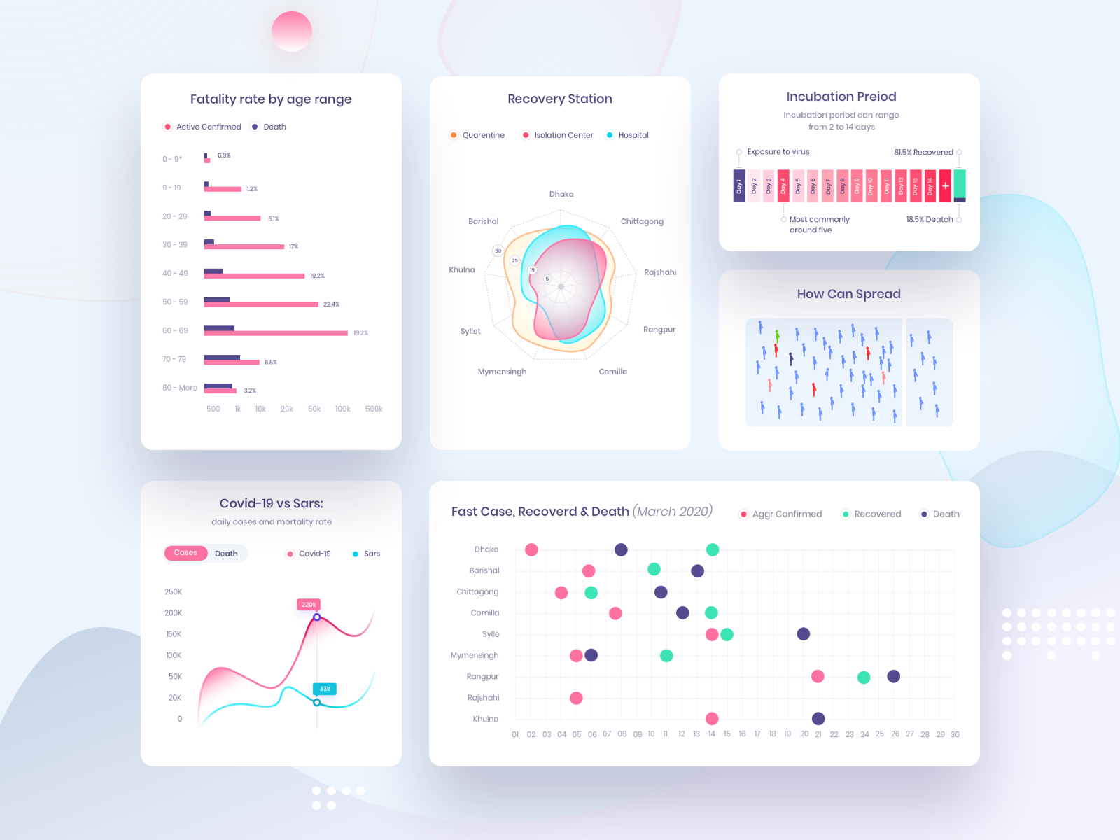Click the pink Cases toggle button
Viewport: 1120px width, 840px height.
pos(185,553)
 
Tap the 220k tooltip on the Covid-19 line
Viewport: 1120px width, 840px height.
pos(309,605)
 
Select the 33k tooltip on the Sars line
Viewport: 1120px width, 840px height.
pos(325,689)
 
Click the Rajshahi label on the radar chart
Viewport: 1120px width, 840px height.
pos(660,272)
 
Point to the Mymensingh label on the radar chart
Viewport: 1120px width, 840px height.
pos(502,372)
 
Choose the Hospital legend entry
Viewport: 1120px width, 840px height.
pos(633,135)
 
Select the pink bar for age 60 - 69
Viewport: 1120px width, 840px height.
pos(276,333)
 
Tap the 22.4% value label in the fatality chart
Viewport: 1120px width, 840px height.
pos(331,304)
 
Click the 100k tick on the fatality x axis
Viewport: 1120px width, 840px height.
pos(342,409)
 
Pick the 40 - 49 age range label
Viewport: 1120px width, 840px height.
pos(175,274)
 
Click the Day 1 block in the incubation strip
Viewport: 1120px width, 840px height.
pos(739,185)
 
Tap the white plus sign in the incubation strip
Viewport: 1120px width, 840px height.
pos(945,185)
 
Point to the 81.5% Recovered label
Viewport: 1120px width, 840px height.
pos(923,152)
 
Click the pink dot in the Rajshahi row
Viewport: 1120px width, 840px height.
pos(576,698)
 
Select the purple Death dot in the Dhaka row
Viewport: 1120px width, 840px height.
pos(621,549)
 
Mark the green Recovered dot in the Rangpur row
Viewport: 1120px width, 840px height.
pos(864,678)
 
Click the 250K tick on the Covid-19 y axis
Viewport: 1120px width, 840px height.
pos(173,592)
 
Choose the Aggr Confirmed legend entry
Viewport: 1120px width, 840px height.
pos(787,514)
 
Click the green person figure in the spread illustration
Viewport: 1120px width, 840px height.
pos(777,337)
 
